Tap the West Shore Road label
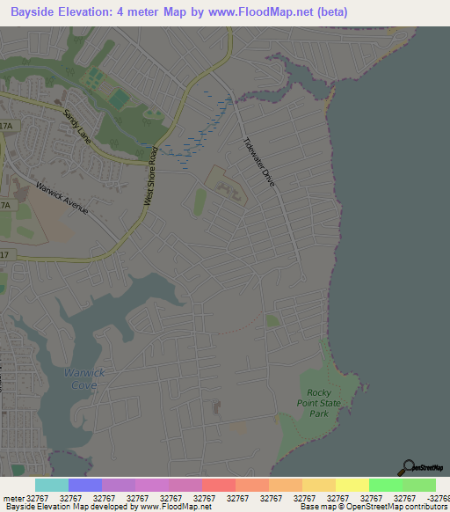coord(152,176)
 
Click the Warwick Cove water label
coord(84,378)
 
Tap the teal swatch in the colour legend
coord(52,485)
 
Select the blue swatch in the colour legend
coord(85,485)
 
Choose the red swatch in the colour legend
coord(219,485)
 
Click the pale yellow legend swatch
coord(352,485)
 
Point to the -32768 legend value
coord(437,498)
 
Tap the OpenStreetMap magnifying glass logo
coord(409,467)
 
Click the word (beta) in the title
coord(334,12)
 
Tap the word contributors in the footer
coord(423,508)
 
